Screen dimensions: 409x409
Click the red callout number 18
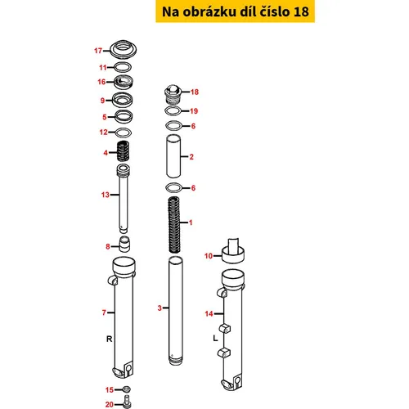(195, 92)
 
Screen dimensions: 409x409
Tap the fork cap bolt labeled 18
(173, 94)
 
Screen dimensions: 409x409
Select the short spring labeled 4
(123, 151)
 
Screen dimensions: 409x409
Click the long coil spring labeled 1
(174, 224)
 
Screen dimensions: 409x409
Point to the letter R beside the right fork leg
(109, 339)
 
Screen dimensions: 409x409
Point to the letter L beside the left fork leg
(215, 339)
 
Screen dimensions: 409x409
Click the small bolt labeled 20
(126, 402)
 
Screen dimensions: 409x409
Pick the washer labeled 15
(127, 389)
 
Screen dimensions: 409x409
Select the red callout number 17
(98, 51)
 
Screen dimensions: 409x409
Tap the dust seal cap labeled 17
(123, 49)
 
